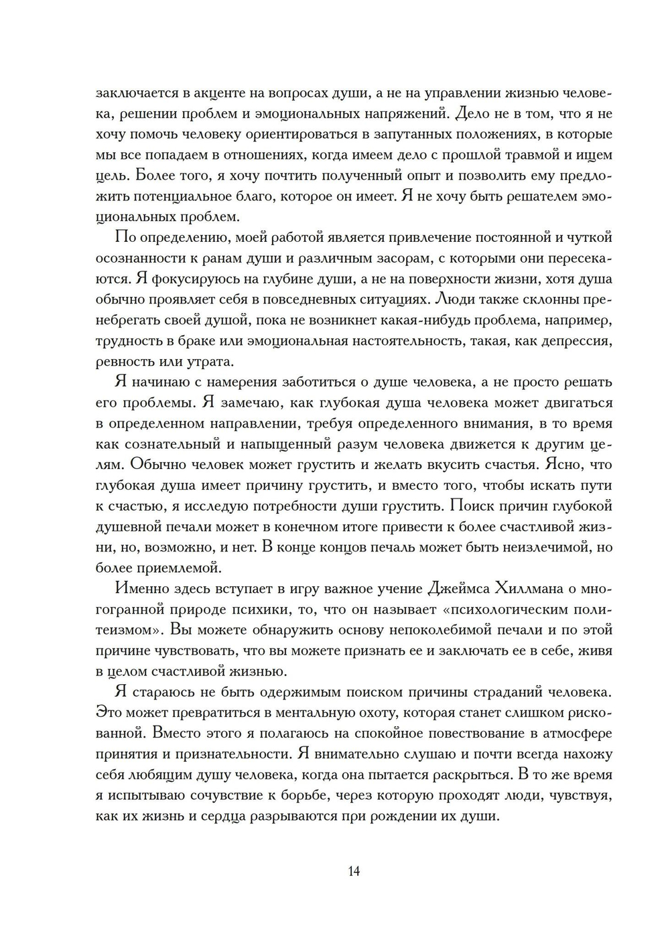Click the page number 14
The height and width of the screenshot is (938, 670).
[x=354, y=871]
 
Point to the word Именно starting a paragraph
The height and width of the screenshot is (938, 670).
[x=139, y=589]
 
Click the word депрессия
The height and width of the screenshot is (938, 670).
[x=576, y=341]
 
